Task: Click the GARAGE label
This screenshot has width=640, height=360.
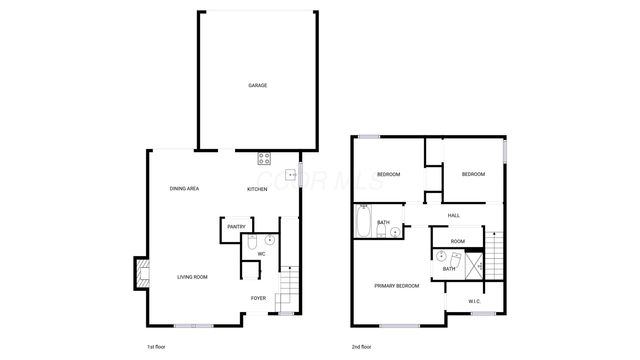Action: click(x=257, y=86)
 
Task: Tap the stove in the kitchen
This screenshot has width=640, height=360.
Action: click(x=264, y=157)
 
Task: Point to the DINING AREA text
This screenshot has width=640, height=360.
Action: click(x=184, y=189)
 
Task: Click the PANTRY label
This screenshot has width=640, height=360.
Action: click(x=236, y=227)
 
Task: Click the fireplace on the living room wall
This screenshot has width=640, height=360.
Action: click(x=141, y=273)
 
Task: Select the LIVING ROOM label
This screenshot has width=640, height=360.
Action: click(x=193, y=277)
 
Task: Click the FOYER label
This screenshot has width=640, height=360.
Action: click(x=258, y=298)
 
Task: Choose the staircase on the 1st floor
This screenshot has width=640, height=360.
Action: click(x=287, y=290)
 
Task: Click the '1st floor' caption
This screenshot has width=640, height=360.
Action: click(x=156, y=346)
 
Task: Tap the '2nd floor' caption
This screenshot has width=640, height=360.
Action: click(x=363, y=346)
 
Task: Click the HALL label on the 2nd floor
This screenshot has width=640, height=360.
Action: click(x=454, y=215)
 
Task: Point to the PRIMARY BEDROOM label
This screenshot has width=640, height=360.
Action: click(x=397, y=286)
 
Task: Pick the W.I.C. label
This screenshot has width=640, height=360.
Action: click(x=475, y=302)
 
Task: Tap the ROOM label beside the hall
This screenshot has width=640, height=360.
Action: click(x=457, y=241)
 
